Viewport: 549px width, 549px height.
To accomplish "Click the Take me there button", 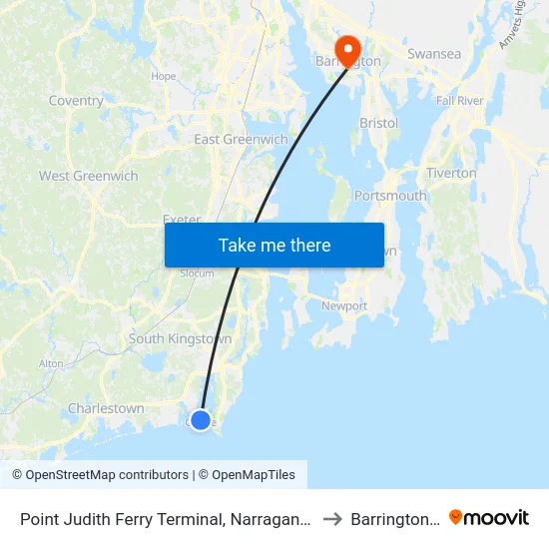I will click(x=274, y=245).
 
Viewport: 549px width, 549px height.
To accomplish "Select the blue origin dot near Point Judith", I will click(x=201, y=420).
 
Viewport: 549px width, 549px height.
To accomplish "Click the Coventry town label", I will click(x=76, y=101).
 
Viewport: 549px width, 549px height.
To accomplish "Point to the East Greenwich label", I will click(x=241, y=140).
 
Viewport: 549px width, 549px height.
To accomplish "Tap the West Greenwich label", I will click(x=89, y=177).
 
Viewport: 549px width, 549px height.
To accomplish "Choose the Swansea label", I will click(x=434, y=54).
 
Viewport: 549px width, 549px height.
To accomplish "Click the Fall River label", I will click(x=459, y=102).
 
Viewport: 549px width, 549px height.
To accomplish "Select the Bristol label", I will click(x=378, y=124).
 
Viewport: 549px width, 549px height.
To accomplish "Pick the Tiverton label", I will click(x=451, y=173).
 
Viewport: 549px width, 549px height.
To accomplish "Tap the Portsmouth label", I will click(x=390, y=196).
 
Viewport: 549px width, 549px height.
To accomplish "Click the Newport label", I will click(x=344, y=306).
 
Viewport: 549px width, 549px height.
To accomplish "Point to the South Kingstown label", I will click(x=180, y=339).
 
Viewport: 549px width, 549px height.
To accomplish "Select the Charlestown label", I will click(x=106, y=408).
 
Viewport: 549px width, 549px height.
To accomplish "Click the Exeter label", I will click(x=182, y=220).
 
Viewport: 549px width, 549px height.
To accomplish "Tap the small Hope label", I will click(x=163, y=77).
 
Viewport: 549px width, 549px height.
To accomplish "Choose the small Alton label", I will click(x=51, y=364).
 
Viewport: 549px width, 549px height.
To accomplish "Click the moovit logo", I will click(x=489, y=518).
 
